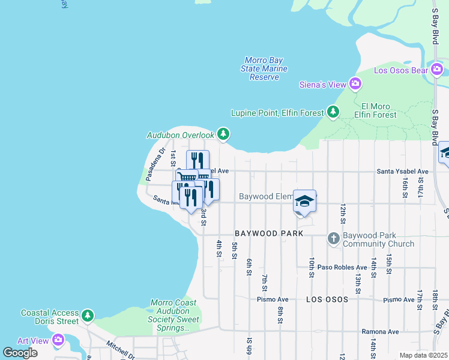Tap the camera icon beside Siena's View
tap(356, 83)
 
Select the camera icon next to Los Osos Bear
tap(438, 70)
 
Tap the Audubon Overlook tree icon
tap(223, 133)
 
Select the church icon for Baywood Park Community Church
tap(334, 239)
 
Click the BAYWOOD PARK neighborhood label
tap(268, 233)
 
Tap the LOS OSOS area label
tap(328, 299)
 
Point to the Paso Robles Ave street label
tap(342, 268)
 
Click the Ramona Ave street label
tap(380, 331)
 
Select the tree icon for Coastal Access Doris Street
tap(88, 315)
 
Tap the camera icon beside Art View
tap(58, 340)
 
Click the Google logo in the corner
tap(20, 352)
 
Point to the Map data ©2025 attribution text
tap(423, 355)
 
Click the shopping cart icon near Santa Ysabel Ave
tap(186, 178)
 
